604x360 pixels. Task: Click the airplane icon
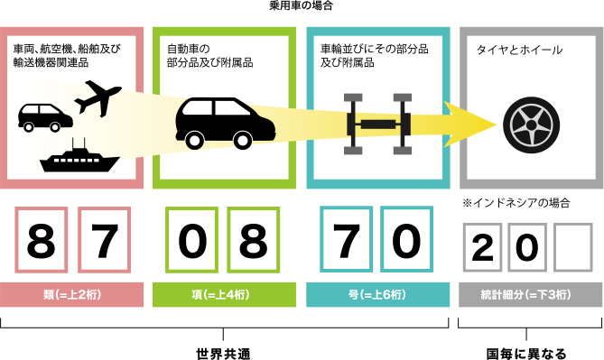click(x=98, y=97)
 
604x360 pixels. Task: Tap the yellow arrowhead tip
click(x=494, y=123)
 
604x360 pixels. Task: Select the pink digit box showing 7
click(x=104, y=240)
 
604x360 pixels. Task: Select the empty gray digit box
click(x=574, y=248)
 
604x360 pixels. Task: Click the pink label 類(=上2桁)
click(x=72, y=295)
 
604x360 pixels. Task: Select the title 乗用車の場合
click(x=301, y=6)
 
